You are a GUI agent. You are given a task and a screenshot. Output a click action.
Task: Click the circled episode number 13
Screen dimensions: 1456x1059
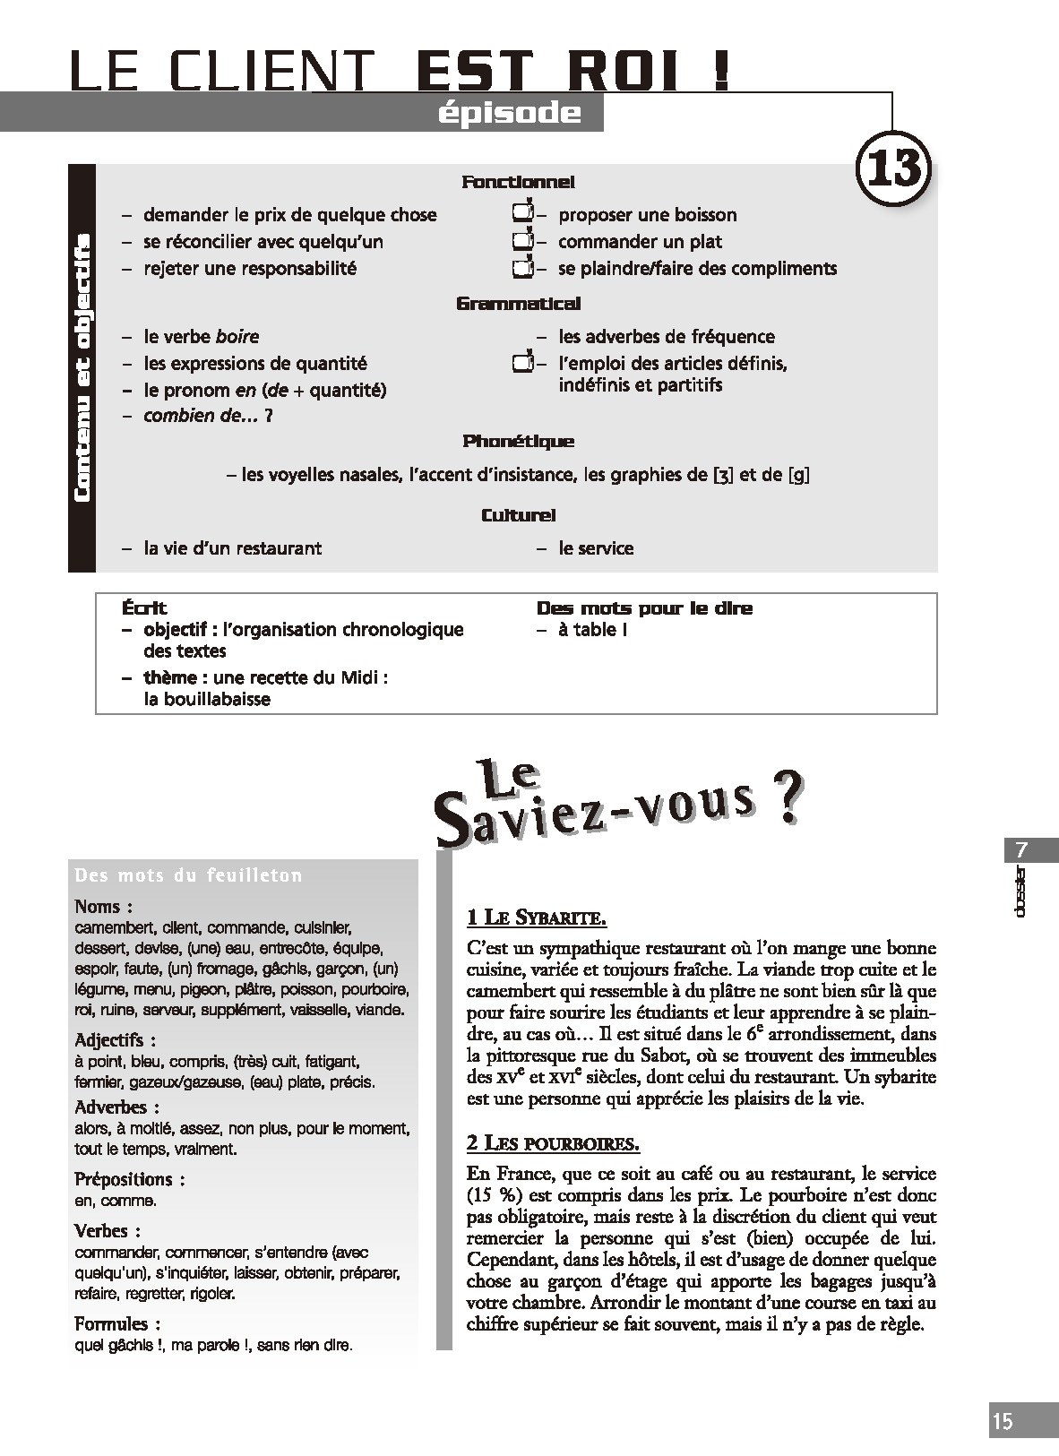[893, 167]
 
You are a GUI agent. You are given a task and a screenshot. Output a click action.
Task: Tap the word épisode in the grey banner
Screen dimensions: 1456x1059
[510, 114]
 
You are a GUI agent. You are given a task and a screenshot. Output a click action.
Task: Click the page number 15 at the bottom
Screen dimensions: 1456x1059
[1003, 1420]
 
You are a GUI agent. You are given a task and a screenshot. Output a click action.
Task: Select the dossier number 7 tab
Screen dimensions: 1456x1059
[1022, 849]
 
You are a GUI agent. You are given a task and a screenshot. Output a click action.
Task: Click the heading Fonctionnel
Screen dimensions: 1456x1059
[518, 182]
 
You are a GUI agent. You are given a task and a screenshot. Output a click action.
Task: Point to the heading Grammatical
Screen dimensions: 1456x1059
[518, 304]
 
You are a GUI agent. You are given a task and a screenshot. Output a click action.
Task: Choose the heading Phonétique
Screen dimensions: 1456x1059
[518, 442]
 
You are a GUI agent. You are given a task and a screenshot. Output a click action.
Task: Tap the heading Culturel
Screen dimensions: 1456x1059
[518, 515]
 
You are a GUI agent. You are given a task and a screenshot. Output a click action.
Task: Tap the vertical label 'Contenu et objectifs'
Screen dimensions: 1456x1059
[82, 367]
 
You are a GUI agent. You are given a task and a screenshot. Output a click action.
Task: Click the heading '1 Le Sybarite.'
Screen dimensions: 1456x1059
[537, 918]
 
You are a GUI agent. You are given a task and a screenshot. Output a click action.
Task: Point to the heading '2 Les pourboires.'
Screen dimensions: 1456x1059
[553, 1143]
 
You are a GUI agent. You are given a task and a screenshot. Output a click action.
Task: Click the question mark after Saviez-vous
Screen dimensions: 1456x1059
[783, 800]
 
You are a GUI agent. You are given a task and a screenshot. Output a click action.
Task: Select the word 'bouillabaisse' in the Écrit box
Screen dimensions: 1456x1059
[207, 699]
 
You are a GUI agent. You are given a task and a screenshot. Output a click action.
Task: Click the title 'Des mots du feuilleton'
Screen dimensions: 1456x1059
[188, 875]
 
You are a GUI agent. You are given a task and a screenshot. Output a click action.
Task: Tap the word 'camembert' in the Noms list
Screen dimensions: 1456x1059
[111, 928]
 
